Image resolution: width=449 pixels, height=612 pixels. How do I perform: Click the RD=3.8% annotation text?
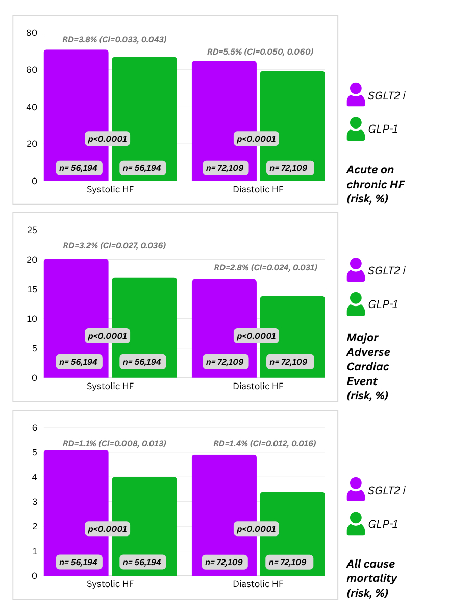[114, 39]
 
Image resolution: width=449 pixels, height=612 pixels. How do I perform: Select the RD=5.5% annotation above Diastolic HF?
[260, 52]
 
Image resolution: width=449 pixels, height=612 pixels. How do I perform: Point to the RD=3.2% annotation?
[114, 245]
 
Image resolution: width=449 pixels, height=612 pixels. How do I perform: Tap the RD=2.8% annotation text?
[265, 267]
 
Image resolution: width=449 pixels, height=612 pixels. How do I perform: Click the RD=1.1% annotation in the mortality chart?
[114, 443]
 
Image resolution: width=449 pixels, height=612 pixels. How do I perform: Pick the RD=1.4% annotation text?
[264, 443]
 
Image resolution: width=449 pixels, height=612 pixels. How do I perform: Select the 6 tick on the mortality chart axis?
[35, 428]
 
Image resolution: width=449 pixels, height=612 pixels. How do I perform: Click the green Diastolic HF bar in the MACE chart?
[292, 316]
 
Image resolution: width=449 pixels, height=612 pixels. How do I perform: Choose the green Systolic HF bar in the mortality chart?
[144, 505]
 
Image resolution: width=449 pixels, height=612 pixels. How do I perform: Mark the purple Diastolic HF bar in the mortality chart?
[224, 495]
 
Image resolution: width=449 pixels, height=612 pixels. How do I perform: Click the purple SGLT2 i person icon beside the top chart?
[356, 94]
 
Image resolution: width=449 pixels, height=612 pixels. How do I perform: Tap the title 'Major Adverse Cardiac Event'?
[368, 366]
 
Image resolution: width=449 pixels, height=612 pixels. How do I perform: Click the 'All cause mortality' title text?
[371, 578]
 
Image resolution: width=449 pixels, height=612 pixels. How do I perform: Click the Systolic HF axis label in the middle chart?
[110, 386]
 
